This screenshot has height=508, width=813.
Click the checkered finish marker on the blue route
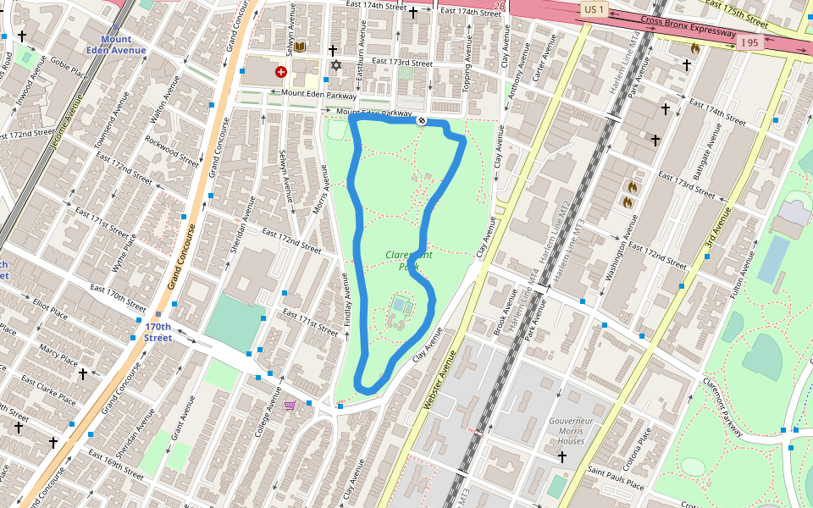click(x=421, y=121)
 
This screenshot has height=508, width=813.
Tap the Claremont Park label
click(x=409, y=260)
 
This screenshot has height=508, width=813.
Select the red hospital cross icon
click(x=280, y=73)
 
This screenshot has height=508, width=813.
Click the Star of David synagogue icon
click(x=335, y=66)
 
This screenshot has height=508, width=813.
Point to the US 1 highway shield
click(x=594, y=9)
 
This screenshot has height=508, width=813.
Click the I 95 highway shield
click(x=749, y=42)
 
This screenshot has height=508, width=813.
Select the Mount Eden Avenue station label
click(x=123, y=45)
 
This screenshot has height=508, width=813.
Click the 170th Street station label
click(x=158, y=332)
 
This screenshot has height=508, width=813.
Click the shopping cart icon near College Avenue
click(x=290, y=406)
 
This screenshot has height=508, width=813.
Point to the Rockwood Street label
click(x=171, y=151)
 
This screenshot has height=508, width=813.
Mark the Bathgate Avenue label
click(x=707, y=152)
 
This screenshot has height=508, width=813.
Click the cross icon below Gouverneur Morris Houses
click(x=561, y=457)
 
